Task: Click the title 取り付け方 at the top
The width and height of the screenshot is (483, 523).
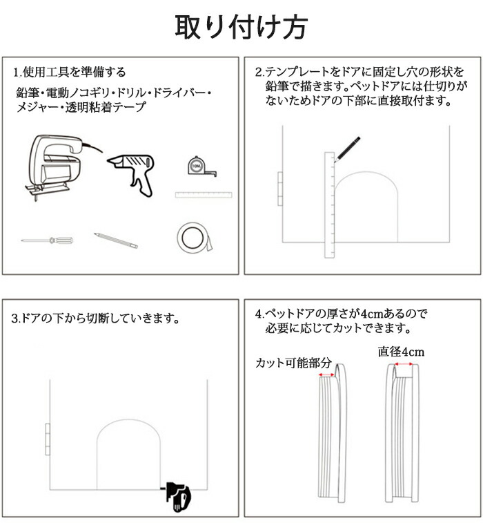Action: (241, 27)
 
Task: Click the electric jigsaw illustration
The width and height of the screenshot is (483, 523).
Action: (63, 167)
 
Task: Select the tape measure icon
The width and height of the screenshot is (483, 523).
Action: (202, 166)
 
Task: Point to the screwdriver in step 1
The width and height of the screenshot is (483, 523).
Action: (47, 240)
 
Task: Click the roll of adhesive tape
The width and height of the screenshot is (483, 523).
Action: (194, 238)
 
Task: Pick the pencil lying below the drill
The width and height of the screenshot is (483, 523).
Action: (116, 240)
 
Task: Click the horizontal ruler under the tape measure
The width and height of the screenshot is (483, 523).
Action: (204, 195)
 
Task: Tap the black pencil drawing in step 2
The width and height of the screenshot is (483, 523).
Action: (347, 149)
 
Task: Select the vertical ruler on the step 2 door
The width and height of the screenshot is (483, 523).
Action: (329, 205)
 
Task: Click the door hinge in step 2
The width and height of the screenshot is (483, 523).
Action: (280, 189)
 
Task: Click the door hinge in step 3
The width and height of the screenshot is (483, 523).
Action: (48, 439)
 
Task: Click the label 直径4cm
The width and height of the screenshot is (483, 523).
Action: (401, 352)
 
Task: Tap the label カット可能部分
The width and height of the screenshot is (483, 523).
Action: (293, 363)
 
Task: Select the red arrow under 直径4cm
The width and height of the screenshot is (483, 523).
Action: (404, 364)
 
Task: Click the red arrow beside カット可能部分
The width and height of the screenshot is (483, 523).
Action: (326, 375)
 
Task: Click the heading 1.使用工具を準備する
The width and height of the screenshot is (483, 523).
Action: (70, 72)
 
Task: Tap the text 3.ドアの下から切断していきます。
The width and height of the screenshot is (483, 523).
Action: (95, 318)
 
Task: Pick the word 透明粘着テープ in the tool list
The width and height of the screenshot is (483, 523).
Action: (106, 106)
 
